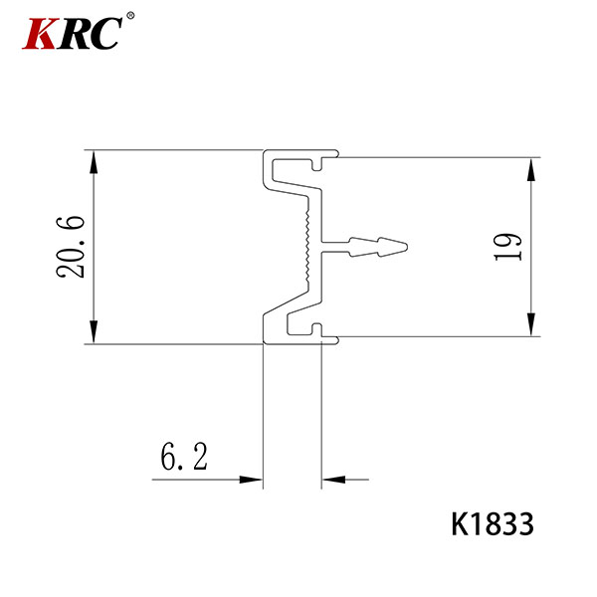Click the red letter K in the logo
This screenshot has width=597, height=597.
(40, 34)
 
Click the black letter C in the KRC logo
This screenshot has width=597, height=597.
(104, 34)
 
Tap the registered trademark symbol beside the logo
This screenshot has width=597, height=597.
(130, 16)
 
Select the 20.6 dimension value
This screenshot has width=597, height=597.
(71, 247)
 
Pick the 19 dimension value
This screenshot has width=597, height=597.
(507, 247)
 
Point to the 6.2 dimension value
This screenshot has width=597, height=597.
(184, 457)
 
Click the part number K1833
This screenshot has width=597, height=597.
(493, 524)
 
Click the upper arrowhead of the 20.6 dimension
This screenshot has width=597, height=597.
(94, 162)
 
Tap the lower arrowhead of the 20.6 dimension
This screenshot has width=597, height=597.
(94, 332)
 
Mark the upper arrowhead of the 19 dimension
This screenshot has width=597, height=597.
(531, 169)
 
